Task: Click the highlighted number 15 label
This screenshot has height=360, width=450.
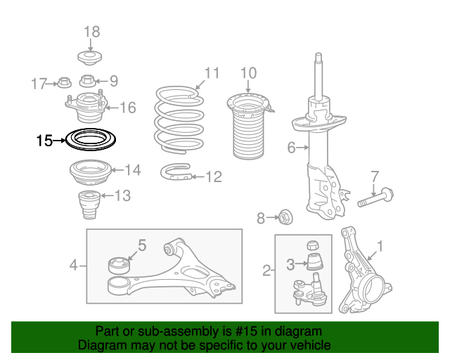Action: coord(44,141)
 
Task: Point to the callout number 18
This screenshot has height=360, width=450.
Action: coord(92,32)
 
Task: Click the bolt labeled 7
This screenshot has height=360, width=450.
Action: coord(375,198)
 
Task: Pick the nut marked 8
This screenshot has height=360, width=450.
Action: coord(285,217)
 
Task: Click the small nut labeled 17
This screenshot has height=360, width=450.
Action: coord(65,83)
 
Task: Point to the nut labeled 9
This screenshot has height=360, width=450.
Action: coord(86,81)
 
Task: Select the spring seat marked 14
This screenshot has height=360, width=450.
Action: coord(91,172)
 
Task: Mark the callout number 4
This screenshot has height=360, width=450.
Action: coord(73,265)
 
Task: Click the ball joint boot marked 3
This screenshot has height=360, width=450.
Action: coord(315,262)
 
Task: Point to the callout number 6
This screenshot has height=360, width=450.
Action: coord(291,148)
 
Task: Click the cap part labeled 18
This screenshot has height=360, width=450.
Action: coord(90,58)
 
